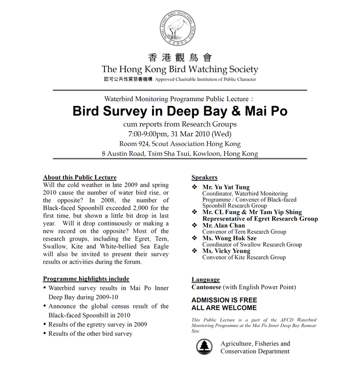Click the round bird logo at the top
click(180, 28)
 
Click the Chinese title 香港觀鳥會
click(180, 58)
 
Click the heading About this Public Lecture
click(80, 177)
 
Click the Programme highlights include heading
click(86, 279)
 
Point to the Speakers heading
click(204, 177)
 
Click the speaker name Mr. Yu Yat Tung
click(226, 187)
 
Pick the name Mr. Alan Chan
click(224, 225)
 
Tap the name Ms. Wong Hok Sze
click(229, 238)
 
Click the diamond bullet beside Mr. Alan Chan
click(194, 225)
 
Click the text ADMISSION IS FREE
click(224, 300)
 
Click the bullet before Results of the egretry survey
click(44, 324)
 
